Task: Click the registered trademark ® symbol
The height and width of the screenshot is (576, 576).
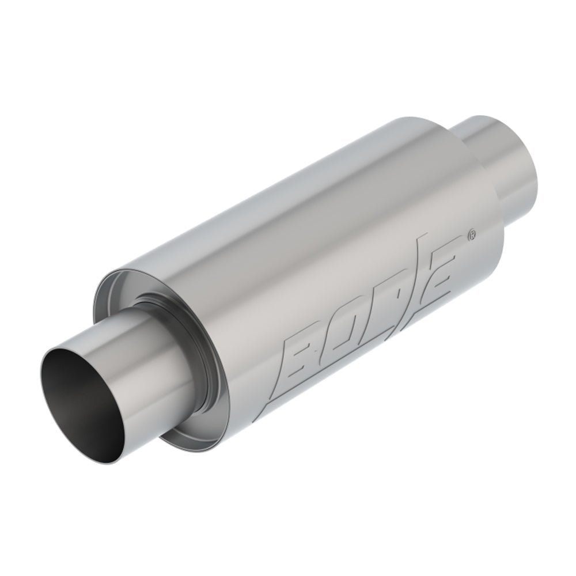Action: coord(472,234)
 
